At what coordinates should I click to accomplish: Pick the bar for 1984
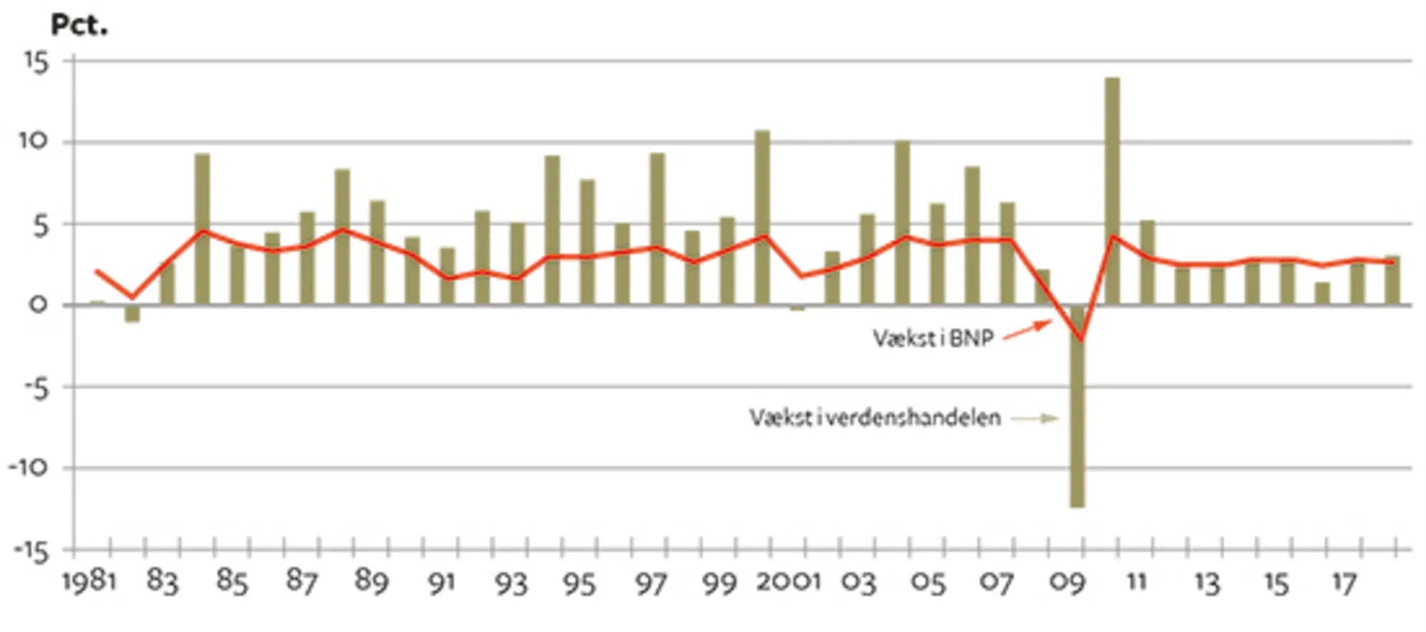pyautogui.click(x=202, y=229)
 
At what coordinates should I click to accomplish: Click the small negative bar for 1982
pyautogui.click(x=133, y=314)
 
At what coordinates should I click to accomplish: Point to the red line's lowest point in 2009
pyautogui.click(x=1081, y=339)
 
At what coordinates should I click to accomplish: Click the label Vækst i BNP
pyautogui.click(x=933, y=338)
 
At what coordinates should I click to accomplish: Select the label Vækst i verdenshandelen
pyautogui.click(x=875, y=418)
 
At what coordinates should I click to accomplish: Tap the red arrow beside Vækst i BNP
pyautogui.click(x=1027, y=331)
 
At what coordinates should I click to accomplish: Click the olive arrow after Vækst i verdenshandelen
pyautogui.click(x=1035, y=418)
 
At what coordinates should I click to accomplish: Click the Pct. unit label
pyautogui.click(x=79, y=26)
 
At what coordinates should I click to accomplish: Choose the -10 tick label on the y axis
pyautogui.click(x=29, y=468)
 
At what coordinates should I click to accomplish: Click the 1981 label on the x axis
pyautogui.click(x=89, y=581)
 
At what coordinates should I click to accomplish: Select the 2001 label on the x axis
pyautogui.click(x=789, y=581)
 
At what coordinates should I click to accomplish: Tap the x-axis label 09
pyautogui.click(x=1067, y=583)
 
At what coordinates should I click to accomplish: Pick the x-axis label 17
pyautogui.click(x=1344, y=583)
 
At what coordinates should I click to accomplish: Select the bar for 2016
pyautogui.click(x=1322, y=294)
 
